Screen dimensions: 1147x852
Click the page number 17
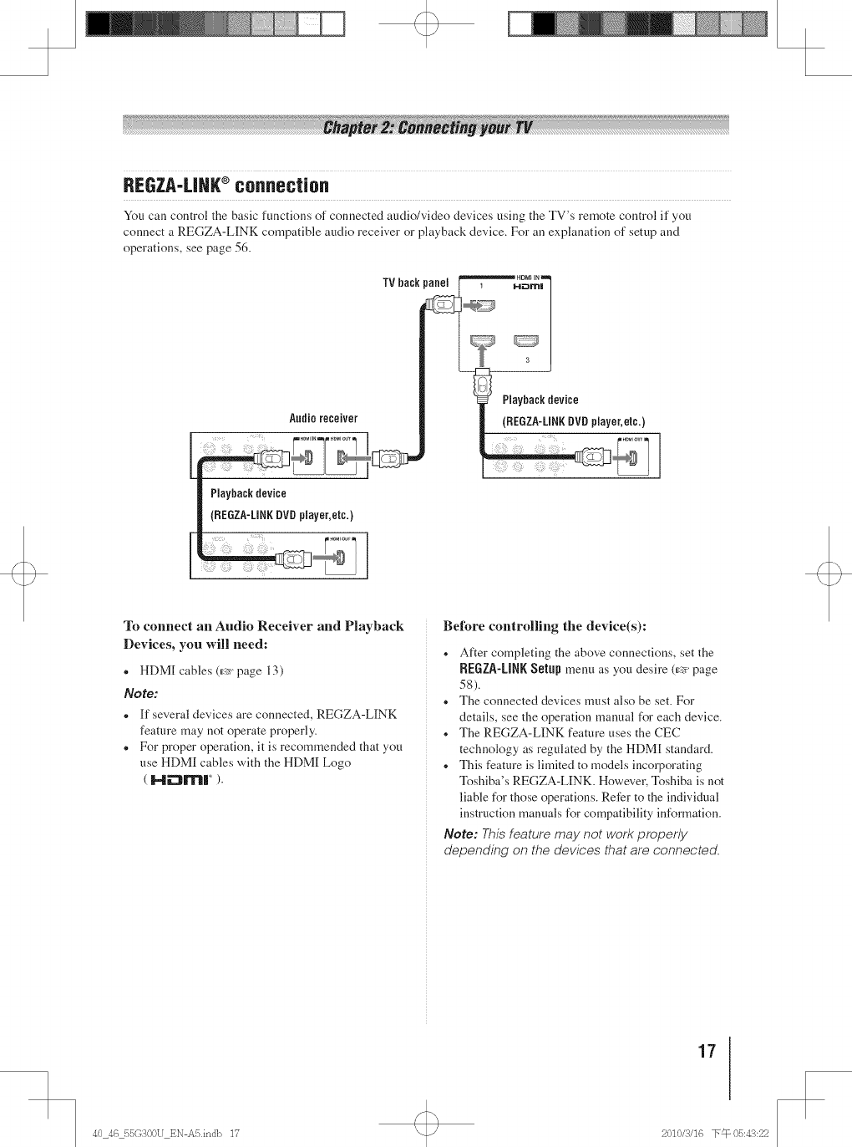[x=707, y=1050]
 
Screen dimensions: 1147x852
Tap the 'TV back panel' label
[x=415, y=283]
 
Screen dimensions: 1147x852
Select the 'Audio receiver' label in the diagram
[x=323, y=418]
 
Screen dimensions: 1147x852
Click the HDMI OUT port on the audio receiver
[x=343, y=457]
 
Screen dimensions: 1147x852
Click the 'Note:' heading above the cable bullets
[x=140, y=693]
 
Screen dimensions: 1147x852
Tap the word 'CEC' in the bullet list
[x=664, y=732]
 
